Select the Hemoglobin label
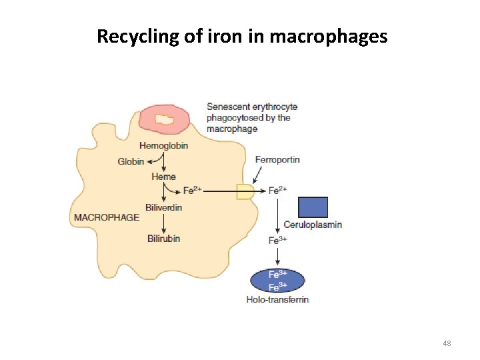click(x=164, y=146)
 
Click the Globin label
click(x=131, y=161)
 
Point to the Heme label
click(x=163, y=177)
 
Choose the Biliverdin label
click(x=163, y=207)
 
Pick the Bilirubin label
click(x=163, y=238)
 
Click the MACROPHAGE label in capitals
click(x=107, y=217)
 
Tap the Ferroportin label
click(x=277, y=159)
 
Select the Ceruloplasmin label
click(x=313, y=224)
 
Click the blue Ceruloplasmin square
click(x=313, y=207)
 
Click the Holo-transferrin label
click(x=278, y=300)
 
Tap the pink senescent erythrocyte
click(x=165, y=119)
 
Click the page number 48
click(x=447, y=343)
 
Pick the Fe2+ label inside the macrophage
click(x=193, y=191)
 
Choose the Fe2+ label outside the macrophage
click(x=278, y=190)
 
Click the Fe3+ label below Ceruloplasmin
click(x=278, y=240)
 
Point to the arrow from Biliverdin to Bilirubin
click(x=163, y=223)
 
